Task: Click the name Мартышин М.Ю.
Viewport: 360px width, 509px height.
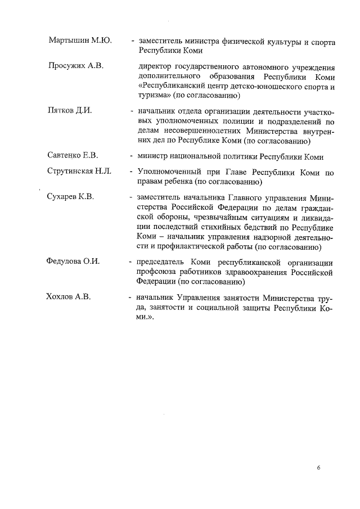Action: (80, 42)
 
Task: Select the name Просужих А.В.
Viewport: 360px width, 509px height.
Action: (76, 66)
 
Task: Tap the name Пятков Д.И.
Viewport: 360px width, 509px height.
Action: (70, 110)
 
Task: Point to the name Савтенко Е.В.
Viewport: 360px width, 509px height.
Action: (73, 156)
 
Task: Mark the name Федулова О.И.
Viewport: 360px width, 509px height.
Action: (74, 262)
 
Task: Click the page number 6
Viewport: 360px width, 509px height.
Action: (318, 467)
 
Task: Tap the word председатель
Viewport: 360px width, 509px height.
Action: (159, 262)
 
